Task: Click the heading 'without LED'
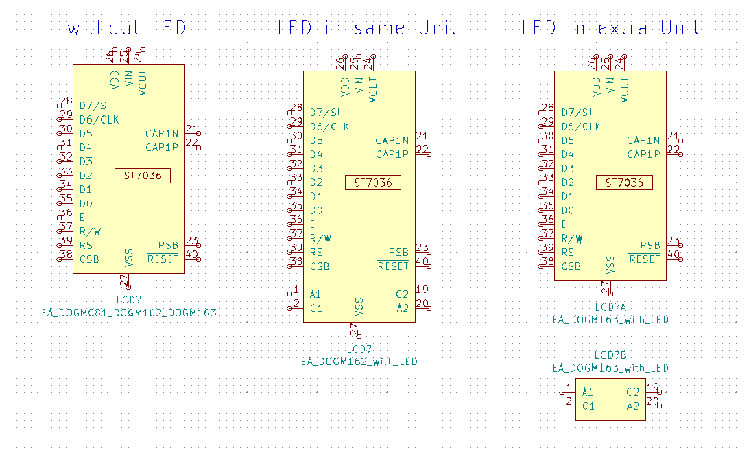coord(127,28)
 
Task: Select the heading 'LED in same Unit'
coord(367,28)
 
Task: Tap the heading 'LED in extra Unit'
coord(610,28)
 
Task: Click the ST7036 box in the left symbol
coord(143,176)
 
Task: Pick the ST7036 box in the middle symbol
coord(373,183)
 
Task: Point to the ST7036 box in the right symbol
coord(624,183)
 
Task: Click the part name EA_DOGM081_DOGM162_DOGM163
coord(128,313)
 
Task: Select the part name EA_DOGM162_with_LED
coord(359,361)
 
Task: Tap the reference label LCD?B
coord(610,355)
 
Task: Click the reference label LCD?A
coord(610,307)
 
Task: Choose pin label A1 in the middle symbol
coord(315,294)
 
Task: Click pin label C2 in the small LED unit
coord(632,392)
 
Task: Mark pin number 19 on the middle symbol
coord(422,290)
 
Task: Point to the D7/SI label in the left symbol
coord(94,106)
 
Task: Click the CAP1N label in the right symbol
coord(643,140)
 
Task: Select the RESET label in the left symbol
coord(163,259)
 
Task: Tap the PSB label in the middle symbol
coord(398,253)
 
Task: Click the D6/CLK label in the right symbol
coord(581,126)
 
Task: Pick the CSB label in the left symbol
coord(89,259)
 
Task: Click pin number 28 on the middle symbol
coord(296,108)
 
